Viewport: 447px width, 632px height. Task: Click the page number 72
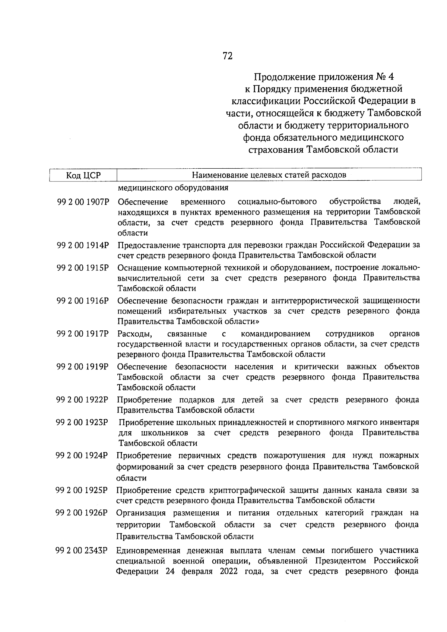pyautogui.click(x=228, y=56)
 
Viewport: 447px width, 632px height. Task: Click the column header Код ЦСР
pyautogui.click(x=83, y=175)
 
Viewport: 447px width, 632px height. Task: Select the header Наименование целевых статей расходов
pyautogui.click(x=269, y=175)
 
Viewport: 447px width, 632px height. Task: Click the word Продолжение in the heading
pyautogui.click(x=284, y=77)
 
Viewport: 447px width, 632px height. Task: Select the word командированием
pyautogui.click(x=276, y=333)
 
